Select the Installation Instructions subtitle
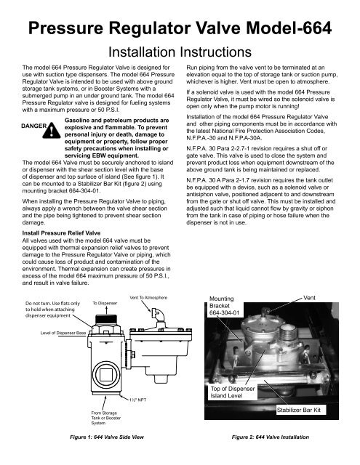click(180, 54)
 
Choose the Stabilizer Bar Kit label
click(308, 411)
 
